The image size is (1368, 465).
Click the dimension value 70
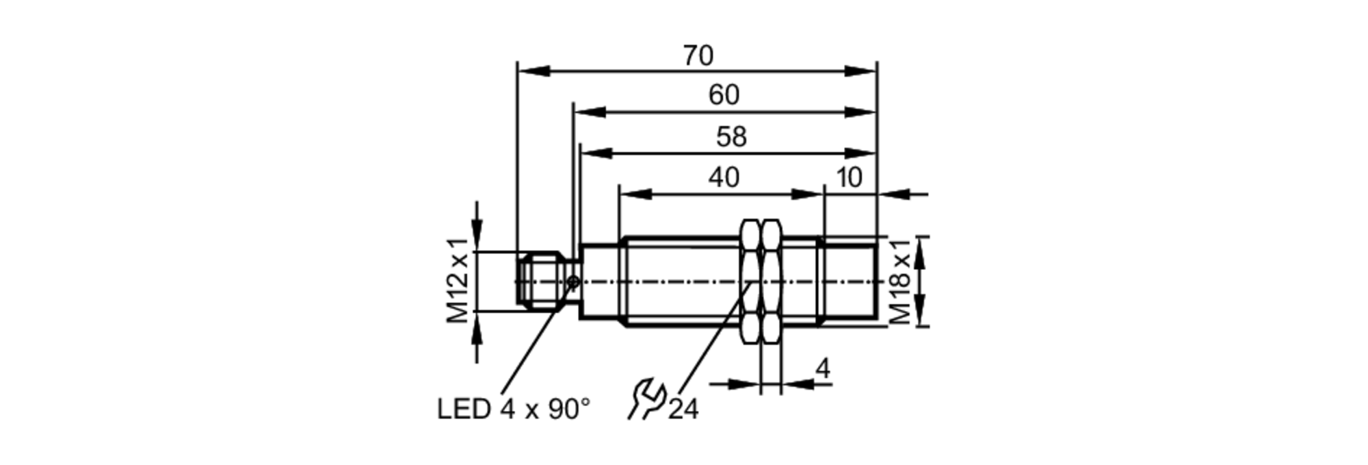point(698,56)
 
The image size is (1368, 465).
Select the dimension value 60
point(724,95)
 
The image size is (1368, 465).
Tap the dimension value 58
point(731,138)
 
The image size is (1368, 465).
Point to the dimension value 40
point(724,178)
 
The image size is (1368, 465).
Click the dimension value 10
point(849,178)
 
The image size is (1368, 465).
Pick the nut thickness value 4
point(823,368)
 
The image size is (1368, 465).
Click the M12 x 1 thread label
point(458,281)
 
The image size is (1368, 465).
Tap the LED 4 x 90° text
point(513,410)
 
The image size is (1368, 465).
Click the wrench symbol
point(646,399)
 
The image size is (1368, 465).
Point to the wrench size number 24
point(683,410)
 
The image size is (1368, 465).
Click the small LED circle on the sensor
point(574,281)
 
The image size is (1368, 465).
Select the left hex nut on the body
point(750,281)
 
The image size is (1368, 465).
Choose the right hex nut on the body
point(771,281)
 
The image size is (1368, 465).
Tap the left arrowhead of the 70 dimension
point(534,71)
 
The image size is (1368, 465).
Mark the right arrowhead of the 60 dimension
point(860,112)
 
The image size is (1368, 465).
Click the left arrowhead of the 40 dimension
point(635,194)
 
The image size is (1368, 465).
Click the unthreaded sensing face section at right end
point(850,281)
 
